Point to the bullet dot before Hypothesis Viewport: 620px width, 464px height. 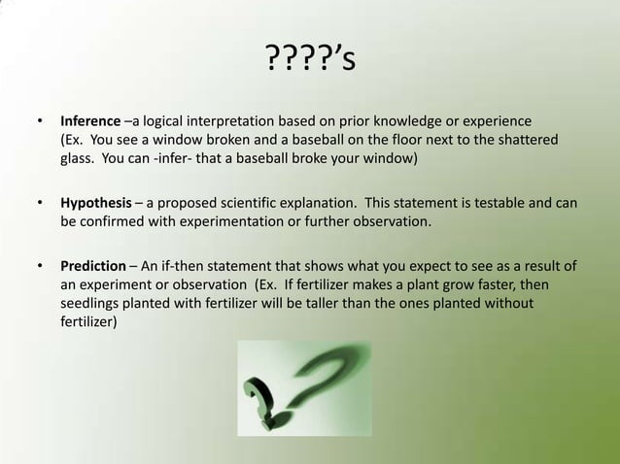[40, 204]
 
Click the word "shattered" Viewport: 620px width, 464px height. [529, 142]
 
